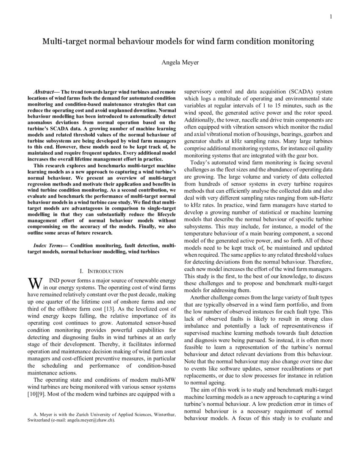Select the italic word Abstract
pos(46,92)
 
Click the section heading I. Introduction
pos(102,271)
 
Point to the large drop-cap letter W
pos(34,283)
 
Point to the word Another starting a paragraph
pos(202,298)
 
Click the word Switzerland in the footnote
pos(39,421)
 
